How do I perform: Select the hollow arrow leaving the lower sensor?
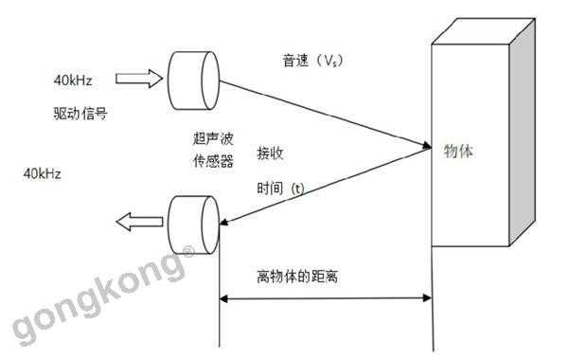[x=136, y=222]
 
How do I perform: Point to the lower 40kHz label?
[x=49, y=174]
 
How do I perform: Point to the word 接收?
[x=270, y=152]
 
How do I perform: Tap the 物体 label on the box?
[x=459, y=150]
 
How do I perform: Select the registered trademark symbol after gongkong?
[x=188, y=251]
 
